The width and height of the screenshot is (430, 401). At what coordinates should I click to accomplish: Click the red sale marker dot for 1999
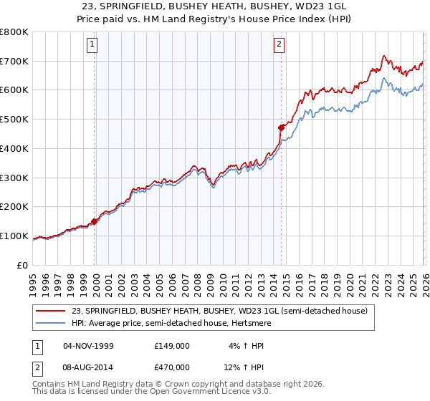click(x=94, y=221)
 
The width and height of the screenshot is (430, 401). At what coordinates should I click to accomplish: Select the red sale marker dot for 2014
click(x=281, y=127)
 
